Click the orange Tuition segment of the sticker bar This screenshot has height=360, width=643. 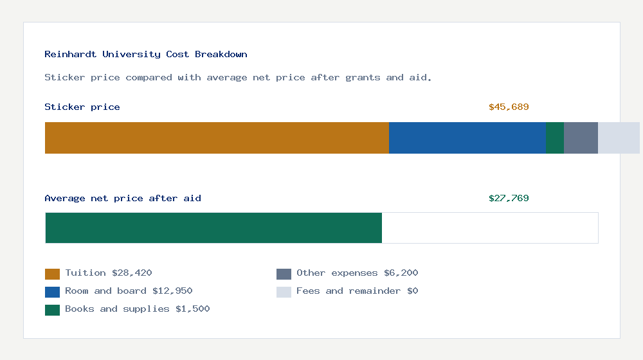pos(217,138)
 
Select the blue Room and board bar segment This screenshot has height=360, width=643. pos(467,138)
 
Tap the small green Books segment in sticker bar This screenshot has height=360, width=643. pos(555,138)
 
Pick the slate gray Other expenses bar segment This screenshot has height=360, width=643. pos(581,138)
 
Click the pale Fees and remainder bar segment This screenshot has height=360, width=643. pos(619,138)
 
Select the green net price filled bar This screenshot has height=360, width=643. pos(213,228)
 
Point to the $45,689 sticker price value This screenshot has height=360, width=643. pos(509,107)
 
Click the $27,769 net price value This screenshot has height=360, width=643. pos(509,199)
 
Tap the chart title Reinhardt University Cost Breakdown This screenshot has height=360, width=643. pos(146,55)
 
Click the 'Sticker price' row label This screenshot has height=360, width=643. pos(82,107)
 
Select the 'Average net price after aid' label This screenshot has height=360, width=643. pos(123,199)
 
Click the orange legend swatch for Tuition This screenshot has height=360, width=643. pos(52,274)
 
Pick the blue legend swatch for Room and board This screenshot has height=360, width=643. pos(52,292)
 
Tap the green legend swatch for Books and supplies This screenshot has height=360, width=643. pos(52,310)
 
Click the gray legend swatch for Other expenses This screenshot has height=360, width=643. pos(284,274)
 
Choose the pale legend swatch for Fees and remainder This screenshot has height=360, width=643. pos(284,292)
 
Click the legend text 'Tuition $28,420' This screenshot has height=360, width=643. pos(109,273)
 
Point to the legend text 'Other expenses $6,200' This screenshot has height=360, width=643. pos(357,273)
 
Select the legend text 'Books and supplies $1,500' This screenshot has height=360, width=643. pos(138,309)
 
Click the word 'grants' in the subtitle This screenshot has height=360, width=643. pos(363,78)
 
